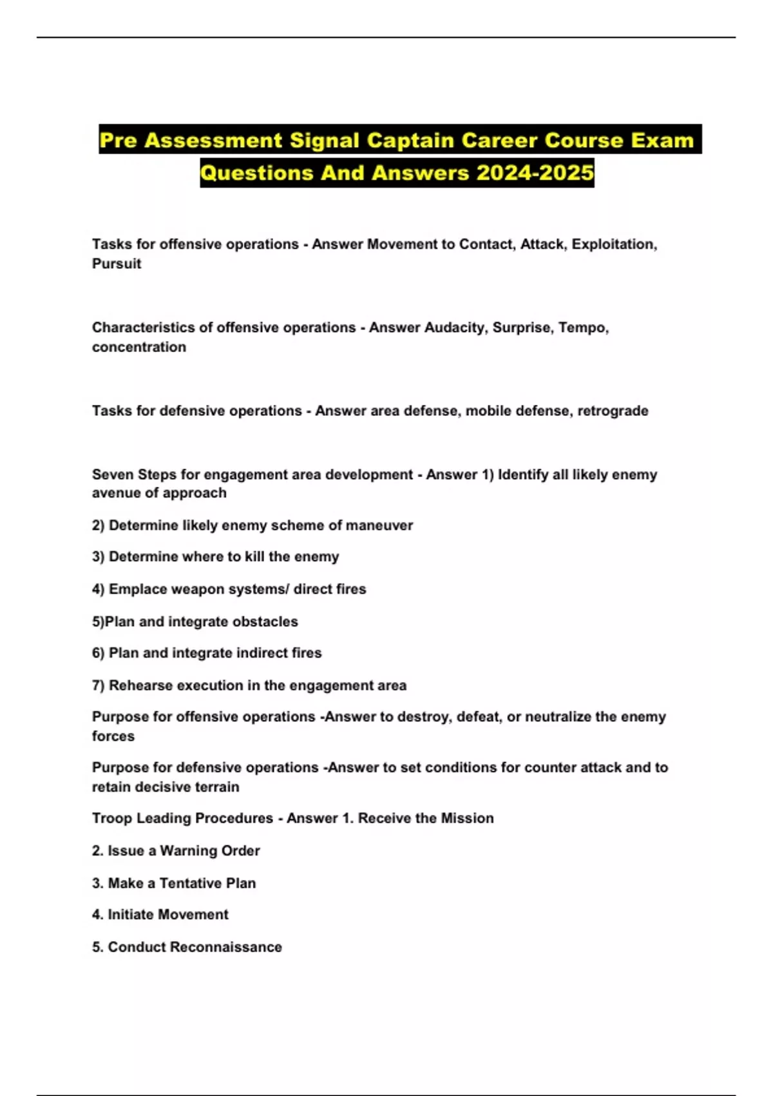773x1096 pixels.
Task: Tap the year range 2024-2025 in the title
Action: tap(535, 173)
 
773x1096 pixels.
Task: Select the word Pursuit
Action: tap(117, 264)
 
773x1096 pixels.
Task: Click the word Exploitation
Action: tap(613, 244)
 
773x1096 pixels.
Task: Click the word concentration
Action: tap(139, 347)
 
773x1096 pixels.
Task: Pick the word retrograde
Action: tap(613, 411)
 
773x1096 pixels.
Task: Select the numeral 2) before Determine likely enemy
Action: tap(98, 525)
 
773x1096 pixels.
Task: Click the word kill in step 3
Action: tap(254, 556)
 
